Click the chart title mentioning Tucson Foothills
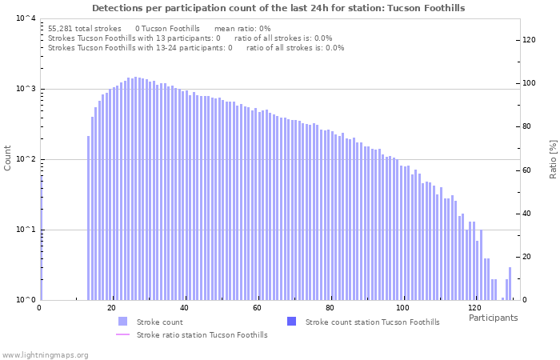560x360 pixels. (278, 8)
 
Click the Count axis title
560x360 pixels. (8, 158)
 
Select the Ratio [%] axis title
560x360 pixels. (553, 158)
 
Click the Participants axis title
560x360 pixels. (493, 318)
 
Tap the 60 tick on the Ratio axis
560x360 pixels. (529, 170)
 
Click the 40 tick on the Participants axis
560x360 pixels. (184, 308)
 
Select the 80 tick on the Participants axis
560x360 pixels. (330, 308)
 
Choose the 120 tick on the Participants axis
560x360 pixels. (474, 308)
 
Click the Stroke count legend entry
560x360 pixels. (159, 322)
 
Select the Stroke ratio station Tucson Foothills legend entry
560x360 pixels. (202, 334)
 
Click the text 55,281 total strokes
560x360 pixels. (84, 28)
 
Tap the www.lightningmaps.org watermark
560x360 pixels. (45, 354)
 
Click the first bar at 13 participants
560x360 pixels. (88, 218)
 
